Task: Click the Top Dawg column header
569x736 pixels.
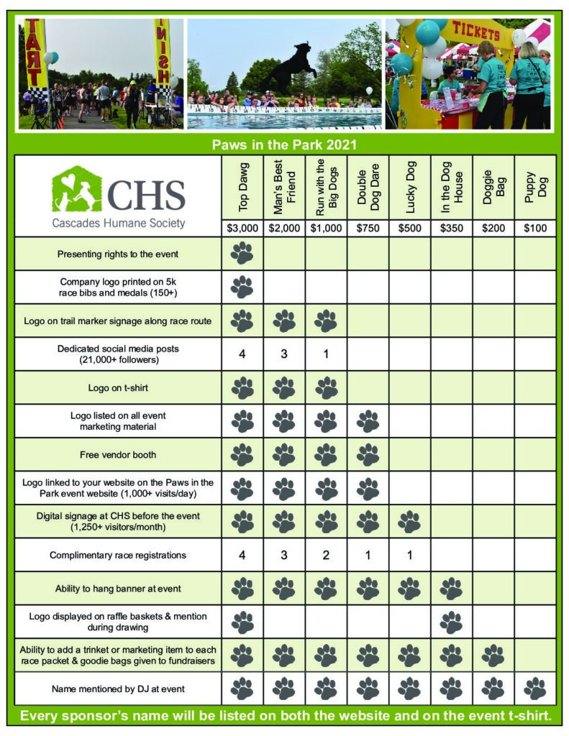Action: click(242, 188)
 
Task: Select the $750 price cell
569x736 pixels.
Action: click(368, 229)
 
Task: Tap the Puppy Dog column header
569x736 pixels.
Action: click(535, 188)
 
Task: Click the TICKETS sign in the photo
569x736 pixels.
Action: click(475, 34)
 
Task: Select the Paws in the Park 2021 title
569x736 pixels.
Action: click(284, 144)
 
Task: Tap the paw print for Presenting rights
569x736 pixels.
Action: click(242, 253)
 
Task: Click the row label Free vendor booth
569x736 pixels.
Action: click(118, 454)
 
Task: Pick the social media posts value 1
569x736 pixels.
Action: click(326, 354)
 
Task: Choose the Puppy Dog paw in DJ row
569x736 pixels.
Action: click(535, 689)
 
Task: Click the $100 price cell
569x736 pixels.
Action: click(535, 229)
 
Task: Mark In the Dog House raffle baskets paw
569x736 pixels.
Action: click(451, 622)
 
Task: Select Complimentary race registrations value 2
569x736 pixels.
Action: click(326, 555)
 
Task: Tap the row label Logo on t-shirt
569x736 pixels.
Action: click(118, 387)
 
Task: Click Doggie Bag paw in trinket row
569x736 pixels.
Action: click(493, 655)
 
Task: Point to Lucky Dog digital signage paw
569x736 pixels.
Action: click(409, 521)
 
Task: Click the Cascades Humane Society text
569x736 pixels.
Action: click(118, 223)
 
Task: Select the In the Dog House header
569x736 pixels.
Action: click(451, 188)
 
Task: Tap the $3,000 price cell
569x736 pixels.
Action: click(242, 229)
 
